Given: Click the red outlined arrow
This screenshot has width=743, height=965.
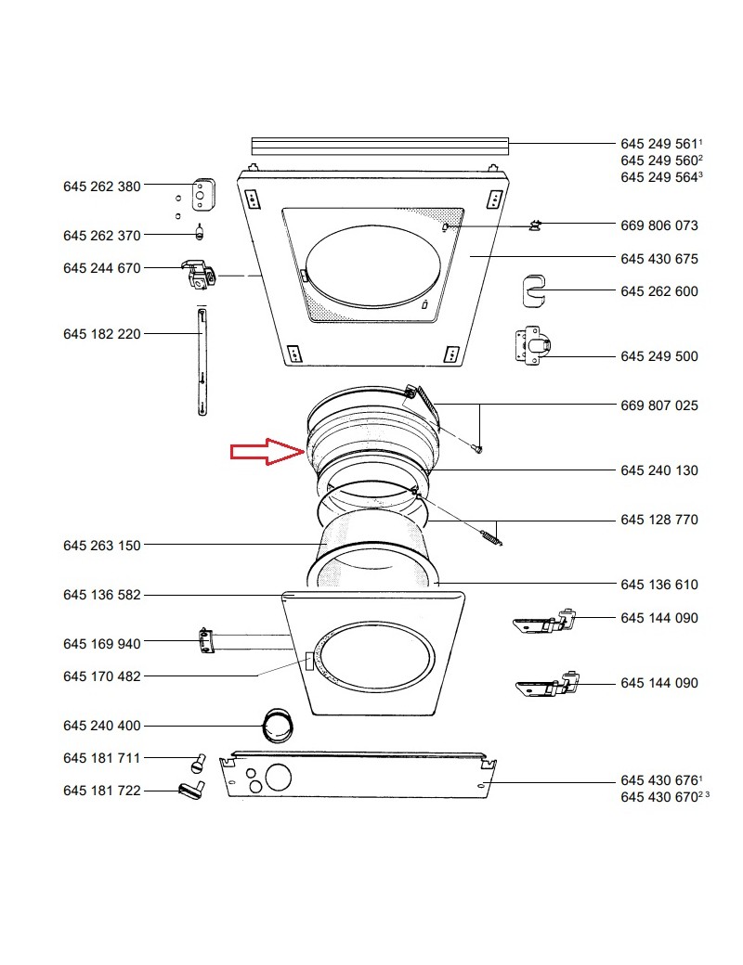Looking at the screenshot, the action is click(267, 451).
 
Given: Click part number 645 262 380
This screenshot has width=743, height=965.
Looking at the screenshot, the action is click(101, 186).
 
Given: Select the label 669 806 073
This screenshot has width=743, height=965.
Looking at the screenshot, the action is click(659, 225).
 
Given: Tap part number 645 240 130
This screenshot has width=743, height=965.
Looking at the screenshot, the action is click(659, 470).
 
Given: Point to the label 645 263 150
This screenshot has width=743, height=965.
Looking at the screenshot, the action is click(101, 546).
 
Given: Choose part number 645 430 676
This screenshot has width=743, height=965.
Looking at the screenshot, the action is click(659, 780).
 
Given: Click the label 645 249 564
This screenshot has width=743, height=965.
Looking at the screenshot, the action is click(659, 177).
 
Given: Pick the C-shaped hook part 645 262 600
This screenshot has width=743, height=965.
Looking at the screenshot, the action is click(533, 291).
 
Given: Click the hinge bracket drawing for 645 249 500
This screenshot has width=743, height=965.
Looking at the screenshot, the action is click(532, 344).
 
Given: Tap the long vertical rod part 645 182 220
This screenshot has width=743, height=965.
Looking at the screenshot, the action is click(202, 363).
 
